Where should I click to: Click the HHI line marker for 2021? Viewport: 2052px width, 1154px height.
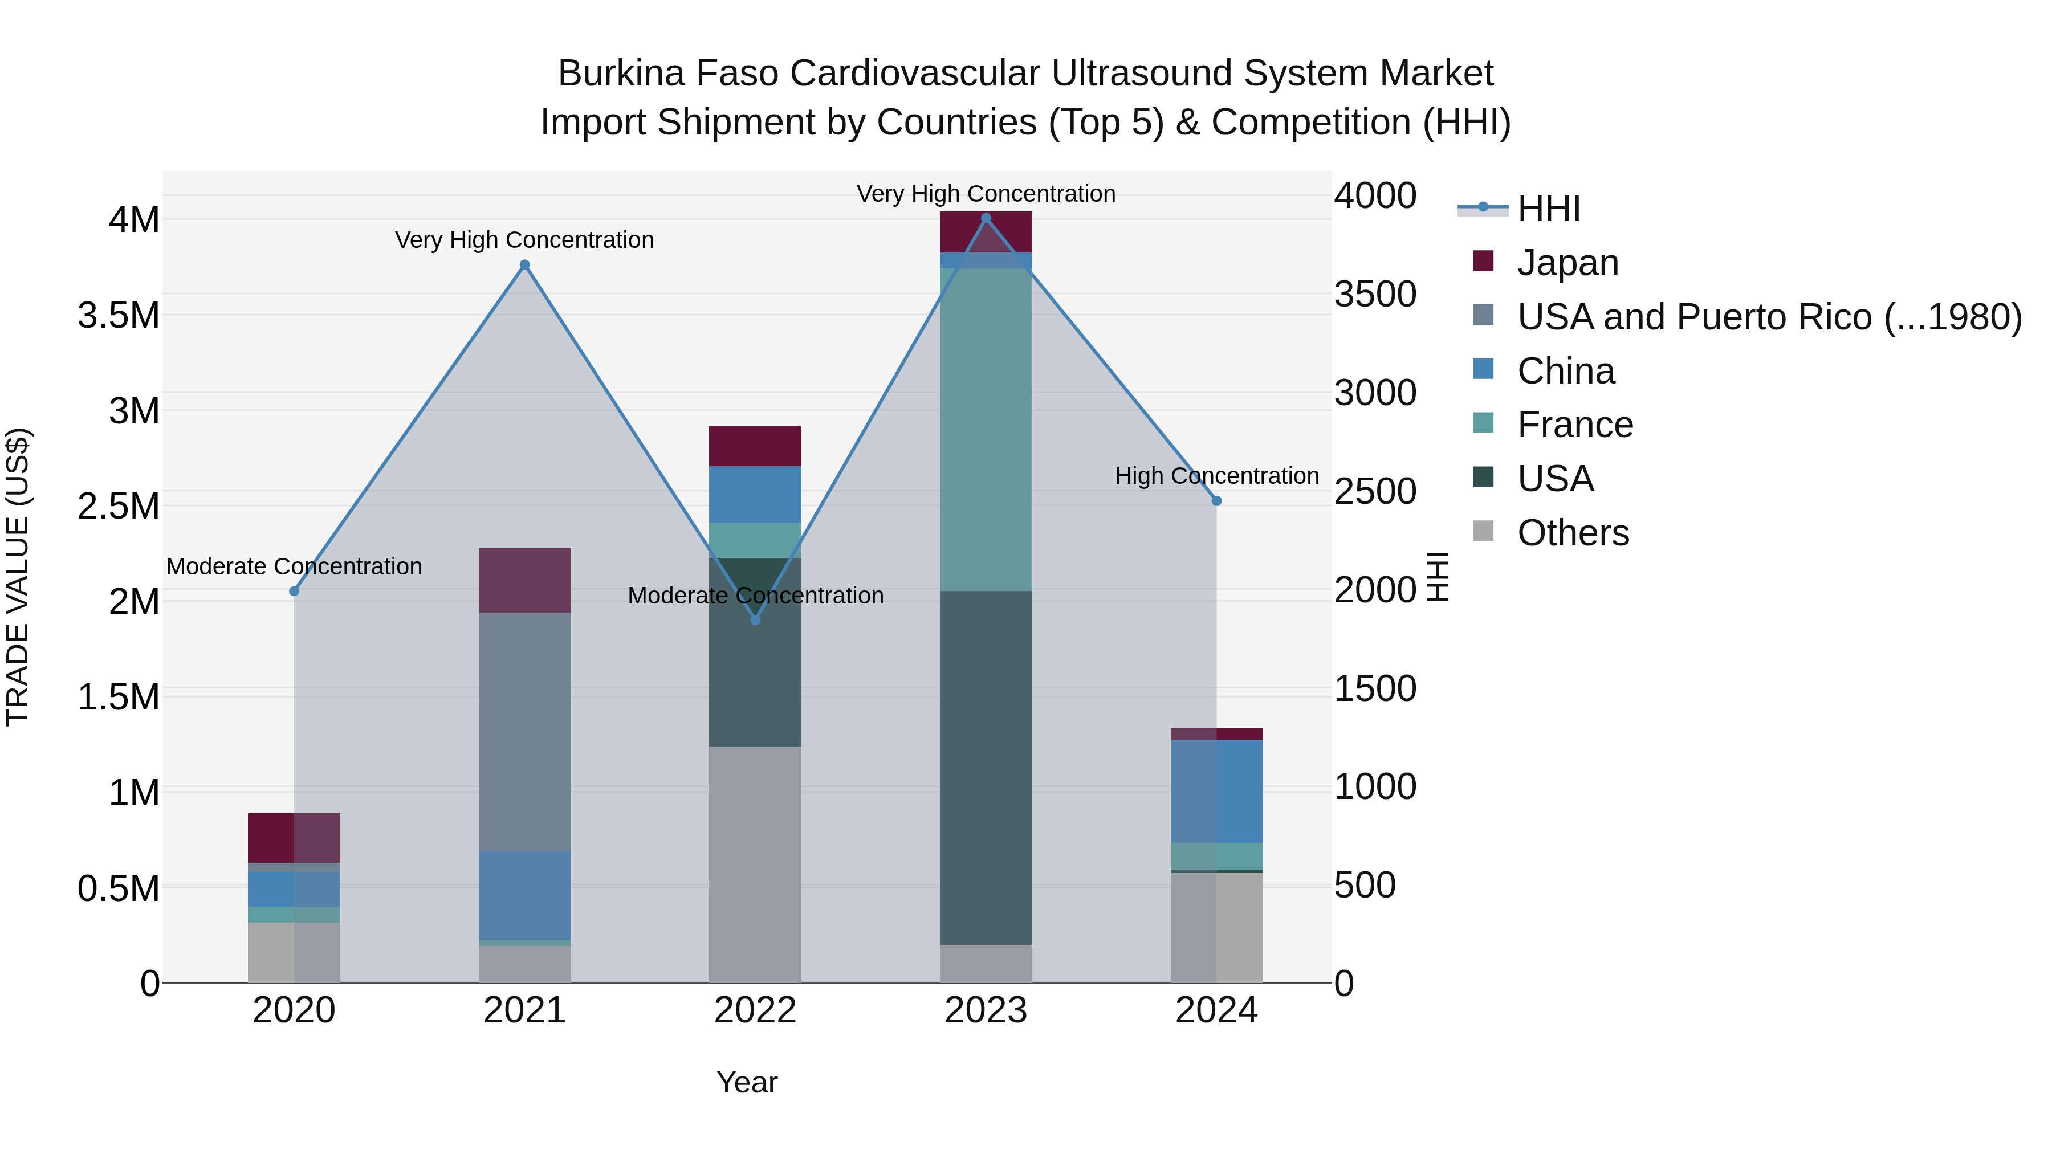(x=524, y=265)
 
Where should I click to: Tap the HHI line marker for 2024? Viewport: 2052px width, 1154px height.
(x=1216, y=501)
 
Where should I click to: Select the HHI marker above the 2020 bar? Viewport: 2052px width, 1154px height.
(x=294, y=591)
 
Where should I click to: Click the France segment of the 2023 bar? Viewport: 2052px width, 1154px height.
(x=986, y=430)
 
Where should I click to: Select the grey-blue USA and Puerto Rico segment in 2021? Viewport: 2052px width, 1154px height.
(x=524, y=731)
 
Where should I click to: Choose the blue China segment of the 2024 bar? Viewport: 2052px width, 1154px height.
(x=1216, y=791)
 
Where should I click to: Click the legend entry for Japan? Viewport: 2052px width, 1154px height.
(x=1567, y=263)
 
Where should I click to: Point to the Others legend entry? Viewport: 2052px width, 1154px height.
(x=1573, y=533)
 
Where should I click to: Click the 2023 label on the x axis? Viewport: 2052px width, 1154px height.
(x=986, y=1010)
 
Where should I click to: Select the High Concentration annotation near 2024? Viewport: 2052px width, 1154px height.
(x=1216, y=475)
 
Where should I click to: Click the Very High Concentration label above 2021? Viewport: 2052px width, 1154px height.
(x=524, y=240)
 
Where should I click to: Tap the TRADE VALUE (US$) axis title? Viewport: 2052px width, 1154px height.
(x=18, y=577)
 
